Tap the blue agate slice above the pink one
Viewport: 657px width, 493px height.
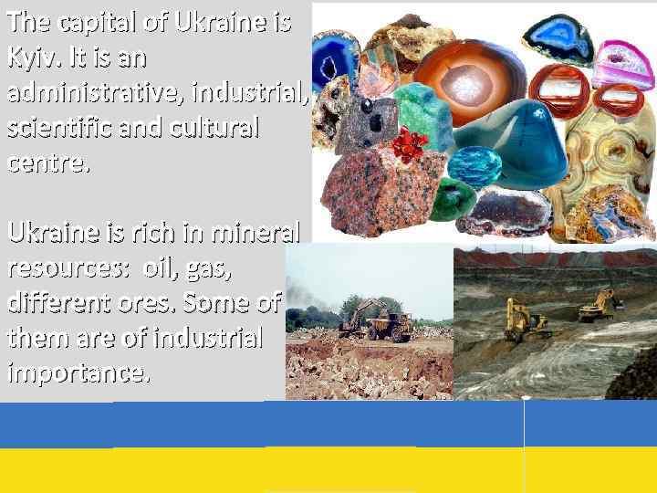[560, 37]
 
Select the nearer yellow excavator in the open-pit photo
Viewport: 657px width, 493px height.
[526, 320]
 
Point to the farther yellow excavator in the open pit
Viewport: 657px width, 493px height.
[598, 306]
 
